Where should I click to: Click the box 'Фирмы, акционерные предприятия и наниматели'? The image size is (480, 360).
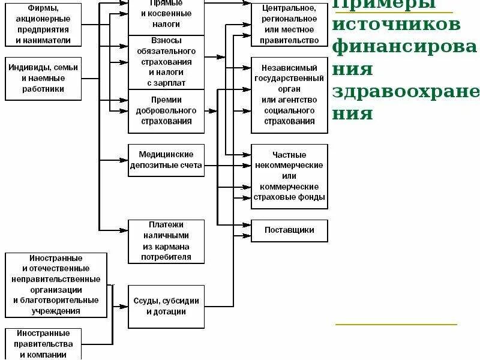[x=43, y=25]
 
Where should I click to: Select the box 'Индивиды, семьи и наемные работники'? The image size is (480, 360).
[x=43, y=79]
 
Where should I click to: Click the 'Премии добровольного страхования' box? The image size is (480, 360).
[x=166, y=111]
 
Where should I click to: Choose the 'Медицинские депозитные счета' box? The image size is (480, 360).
[x=166, y=160]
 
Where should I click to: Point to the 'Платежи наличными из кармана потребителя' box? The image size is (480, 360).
[x=166, y=241]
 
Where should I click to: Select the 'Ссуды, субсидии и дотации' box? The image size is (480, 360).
[x=166, y=307]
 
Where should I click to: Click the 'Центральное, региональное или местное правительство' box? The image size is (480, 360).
[x=290, y=25]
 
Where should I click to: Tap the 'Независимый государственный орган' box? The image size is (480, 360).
[x=290, y=95]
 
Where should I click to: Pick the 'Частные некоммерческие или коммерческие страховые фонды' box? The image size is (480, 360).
[x=290, y=176]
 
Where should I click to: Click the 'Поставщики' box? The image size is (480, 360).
[x=290, y=230]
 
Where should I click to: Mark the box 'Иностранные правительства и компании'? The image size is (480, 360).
[x=44, y=344]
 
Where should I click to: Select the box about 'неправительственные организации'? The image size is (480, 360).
[x=56, y=285]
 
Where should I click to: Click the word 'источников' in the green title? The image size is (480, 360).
[x=396, y=25]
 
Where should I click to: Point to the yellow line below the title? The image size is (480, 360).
[x=396, y=325]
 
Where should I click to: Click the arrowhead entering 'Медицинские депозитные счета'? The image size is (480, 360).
[x=125, y=160]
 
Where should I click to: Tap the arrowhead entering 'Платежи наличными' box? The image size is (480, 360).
[x=125, y=230]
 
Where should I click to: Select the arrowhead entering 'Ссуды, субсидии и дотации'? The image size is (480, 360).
[x=125, y=307]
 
